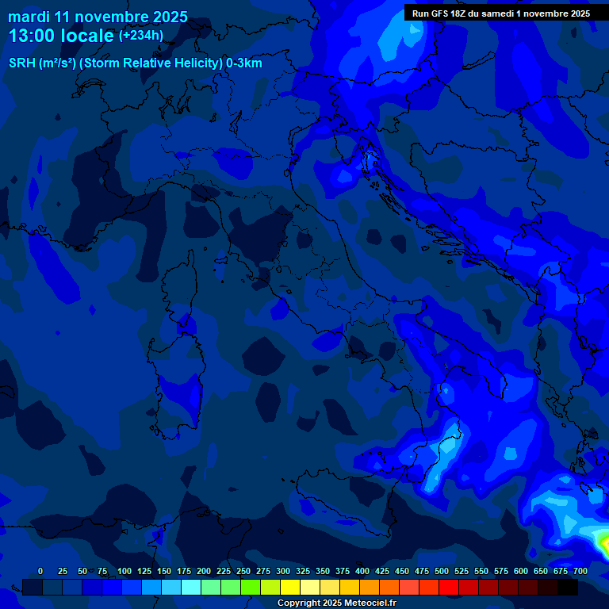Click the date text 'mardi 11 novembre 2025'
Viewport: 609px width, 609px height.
(x=98, y=17)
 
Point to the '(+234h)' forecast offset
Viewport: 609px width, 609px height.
(x=141, y=35)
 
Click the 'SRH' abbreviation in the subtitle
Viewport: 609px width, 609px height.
(x=22, y=63)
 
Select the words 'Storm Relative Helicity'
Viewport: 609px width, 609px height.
(x=151, y=63)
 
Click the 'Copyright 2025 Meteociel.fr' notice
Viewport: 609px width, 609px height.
(x=336, y=603)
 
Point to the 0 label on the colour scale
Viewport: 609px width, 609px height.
(x=40, y=571)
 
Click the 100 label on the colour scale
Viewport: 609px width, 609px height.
(x=124, y=571)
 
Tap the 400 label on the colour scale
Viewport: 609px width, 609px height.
(x=362, y=571)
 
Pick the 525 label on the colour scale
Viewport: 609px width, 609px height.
(x=462, y=571)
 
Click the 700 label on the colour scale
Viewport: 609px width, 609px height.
(x=580, y=571)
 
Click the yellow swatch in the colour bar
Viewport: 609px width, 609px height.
(x=290, y=587)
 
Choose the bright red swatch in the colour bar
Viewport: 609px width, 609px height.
(x=449, y=587)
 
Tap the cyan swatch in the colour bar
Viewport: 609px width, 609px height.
(x=191, y=587)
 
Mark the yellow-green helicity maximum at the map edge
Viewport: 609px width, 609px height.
(x=604, y=544)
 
